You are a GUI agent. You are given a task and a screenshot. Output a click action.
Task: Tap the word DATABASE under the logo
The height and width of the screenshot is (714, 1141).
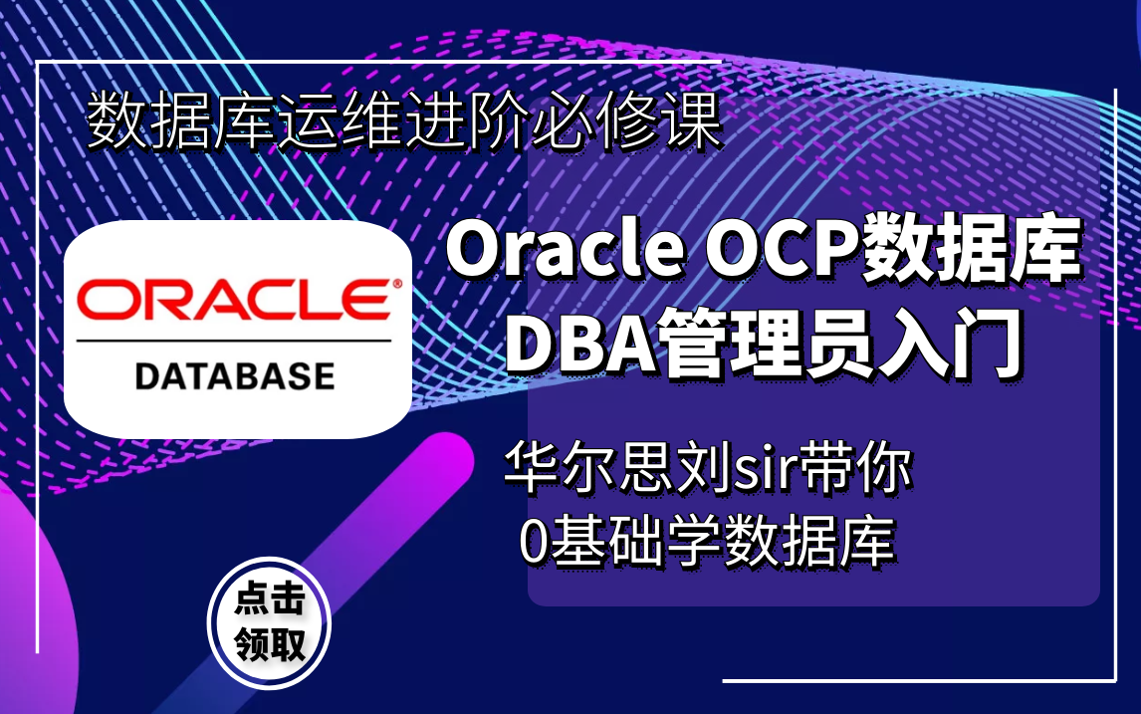pos(235,376)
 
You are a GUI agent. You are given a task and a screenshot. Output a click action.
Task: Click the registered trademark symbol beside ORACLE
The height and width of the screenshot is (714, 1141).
pos(397,283)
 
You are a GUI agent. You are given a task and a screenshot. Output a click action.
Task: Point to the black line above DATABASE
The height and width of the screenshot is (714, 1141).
pos(234,341)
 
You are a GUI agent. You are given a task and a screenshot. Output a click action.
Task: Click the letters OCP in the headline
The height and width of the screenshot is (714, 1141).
pos(783,249)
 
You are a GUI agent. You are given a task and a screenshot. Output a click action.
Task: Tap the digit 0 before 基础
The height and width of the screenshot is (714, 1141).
pos(534,542)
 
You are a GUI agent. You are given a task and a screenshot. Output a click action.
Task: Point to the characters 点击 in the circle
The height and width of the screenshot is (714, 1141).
pos(270,599)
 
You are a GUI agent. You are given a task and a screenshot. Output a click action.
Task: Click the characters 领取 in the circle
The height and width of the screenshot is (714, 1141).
pos(270,644)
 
